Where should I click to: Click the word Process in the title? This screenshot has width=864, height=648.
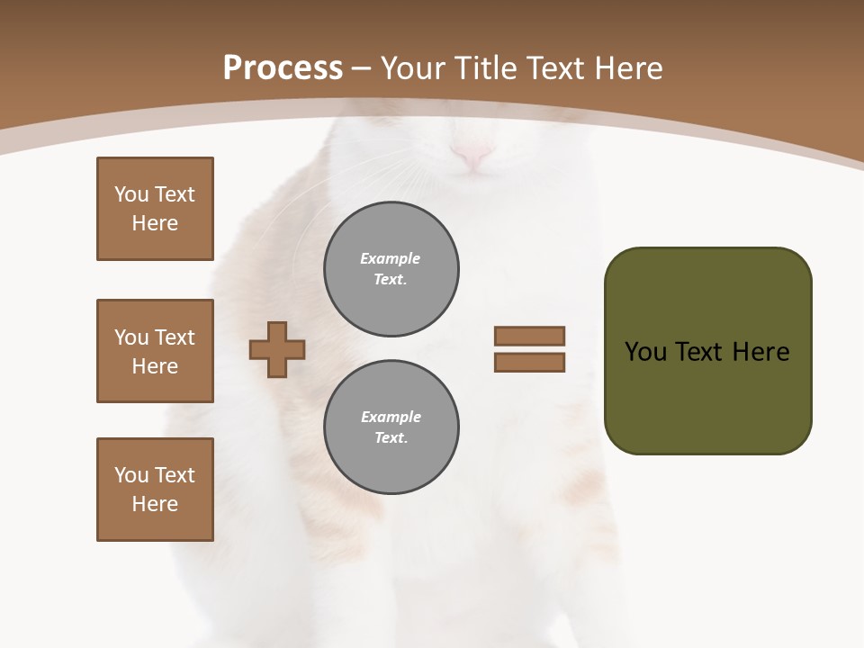coord(283,68)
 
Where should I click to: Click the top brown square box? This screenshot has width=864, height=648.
coord(155,209)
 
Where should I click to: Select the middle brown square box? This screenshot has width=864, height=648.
coord(155,351)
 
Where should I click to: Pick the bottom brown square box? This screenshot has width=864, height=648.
coord(155,490)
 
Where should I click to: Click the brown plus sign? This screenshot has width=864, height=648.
coord(277,349)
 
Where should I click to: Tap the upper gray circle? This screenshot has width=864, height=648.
coord(391,269)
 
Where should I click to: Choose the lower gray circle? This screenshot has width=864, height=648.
coord(391,427)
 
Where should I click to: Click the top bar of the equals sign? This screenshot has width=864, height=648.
coord(529,336)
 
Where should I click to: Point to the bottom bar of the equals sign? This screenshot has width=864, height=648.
coord(529,363)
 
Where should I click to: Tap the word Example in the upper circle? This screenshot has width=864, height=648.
coord(391,258)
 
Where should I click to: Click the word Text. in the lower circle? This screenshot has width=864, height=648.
coord(391,438)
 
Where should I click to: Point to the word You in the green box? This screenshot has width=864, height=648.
coord(645,352)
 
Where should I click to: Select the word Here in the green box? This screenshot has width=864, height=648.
coord(760,352)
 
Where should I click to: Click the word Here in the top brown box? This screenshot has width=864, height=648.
coord(155,223)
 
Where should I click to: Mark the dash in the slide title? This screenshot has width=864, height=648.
coord(362,68)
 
